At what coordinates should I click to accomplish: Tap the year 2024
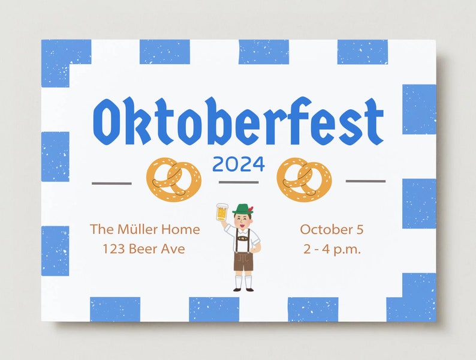(238, 163)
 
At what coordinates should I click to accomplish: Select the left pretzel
(174, 179)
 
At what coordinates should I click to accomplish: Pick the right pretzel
(304, 179)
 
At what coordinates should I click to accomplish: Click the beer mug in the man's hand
(222, 212)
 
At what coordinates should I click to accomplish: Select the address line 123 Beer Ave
(143, 248)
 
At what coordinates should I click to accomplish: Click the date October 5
(332, 229)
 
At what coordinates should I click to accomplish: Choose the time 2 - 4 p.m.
(332, 248)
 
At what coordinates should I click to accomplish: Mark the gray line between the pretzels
(238, 182)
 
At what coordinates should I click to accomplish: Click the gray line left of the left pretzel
(112, 182)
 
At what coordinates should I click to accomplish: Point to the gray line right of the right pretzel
(366, 181)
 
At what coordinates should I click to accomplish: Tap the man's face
(243, 220)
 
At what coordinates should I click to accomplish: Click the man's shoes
(243, 289)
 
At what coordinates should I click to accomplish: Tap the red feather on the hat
(251, 208)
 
